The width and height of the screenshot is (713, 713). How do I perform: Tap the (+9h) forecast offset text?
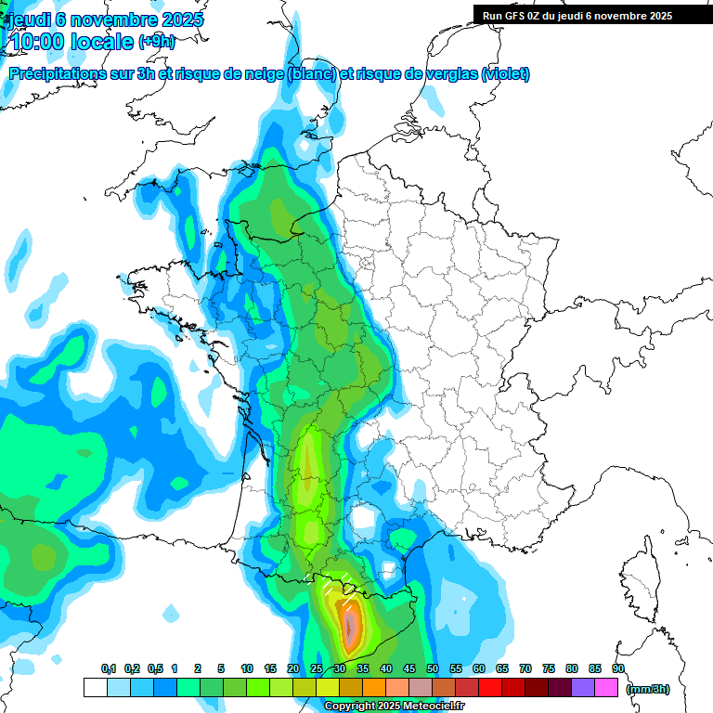pyautogui.click(x=155, y=42)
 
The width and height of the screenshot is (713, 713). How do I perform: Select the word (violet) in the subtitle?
pyautogui.click(x=505, y=74)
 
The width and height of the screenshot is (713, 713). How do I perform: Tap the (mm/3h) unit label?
pyautogui.click(x=647, y=688)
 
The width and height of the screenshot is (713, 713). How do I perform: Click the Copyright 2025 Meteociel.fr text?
pyautogui.click(x=394, y=707)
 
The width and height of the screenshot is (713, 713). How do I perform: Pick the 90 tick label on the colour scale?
pyautogui.click(x=617, y=669)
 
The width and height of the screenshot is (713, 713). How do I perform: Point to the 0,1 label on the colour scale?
pyautogui.click(x=109, y=669)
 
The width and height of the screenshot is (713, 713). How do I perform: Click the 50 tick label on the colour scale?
pyautogui.click(x=432, y=669)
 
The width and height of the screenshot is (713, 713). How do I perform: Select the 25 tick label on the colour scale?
pyautogui.click(x=316, y=669)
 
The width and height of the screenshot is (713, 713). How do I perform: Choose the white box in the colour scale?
pyautogui.click(x=95, y=688)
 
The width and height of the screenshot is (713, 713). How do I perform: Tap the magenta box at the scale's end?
pyautogui.click(x=606, y=688)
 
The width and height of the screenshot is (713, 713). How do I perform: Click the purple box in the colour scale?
pyautogui.click(x=583, y=688)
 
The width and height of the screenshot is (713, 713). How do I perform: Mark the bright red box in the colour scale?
pyautogui.click(x=490, y=688)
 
